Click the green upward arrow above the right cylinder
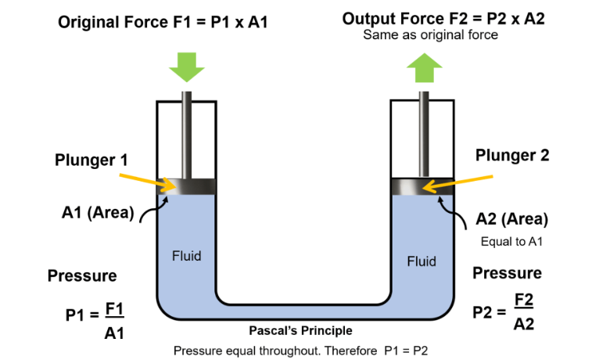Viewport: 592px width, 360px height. pyautogui.click(x=423, y=69)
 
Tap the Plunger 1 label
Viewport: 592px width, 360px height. pyautogui.click(x=91, y=160)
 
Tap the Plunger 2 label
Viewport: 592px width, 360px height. pyautogui.click(x=512, y=155)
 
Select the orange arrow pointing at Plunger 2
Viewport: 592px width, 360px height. pyautogui.click(x=457, y=181)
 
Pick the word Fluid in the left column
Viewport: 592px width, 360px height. pyautogui.click(x=186, y=255)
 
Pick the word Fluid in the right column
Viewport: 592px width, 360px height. pyautogui.click(x=422, y=261)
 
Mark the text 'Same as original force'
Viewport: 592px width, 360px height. pyautogui.click(x=430, y=35)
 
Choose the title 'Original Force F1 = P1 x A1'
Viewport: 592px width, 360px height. pyautogui.click(x=163, y=22)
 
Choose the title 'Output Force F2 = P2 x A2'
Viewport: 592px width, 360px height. pyautogui.click(x=445, y=19)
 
